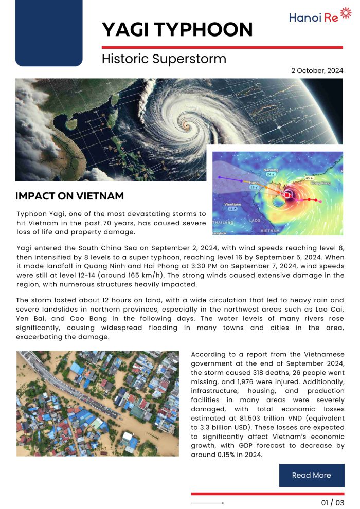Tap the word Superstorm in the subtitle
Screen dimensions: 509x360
(x=190, y=59)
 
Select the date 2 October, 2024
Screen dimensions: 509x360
(x=317, y=71)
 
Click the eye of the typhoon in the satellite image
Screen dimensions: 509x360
(x=187, y=123)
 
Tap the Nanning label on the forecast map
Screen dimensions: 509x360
(x=271, y=169)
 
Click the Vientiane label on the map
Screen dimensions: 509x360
(x=233, y=204)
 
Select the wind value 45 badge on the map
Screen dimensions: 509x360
(x=309, y=178)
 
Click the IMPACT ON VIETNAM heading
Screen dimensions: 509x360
(x=69, y=196)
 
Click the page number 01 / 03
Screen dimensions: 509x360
(x=333, y=502)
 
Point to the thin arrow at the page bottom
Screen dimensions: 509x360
(x=207, y=503)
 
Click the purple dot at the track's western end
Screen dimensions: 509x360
(x=220, y=177)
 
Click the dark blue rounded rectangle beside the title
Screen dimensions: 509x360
(x=49, y=33)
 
